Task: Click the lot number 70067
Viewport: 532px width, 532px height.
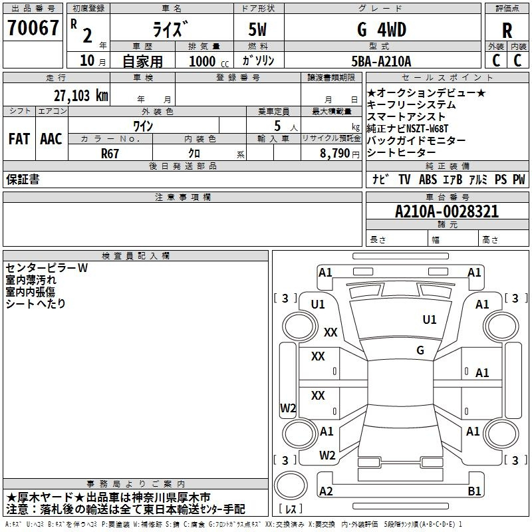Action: point(33,28)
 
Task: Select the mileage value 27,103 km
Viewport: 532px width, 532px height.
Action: point(80,96)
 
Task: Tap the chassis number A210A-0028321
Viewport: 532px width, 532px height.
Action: point(447,211)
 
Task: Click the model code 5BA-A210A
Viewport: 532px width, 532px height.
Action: point(381,61)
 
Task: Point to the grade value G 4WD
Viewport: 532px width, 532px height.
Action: point(381,29)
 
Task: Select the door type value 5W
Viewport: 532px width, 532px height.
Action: point(257,29)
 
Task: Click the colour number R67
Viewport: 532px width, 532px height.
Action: point(110,154)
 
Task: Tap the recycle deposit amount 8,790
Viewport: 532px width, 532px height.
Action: point(334,153)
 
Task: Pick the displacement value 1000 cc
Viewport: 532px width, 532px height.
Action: point(209,61)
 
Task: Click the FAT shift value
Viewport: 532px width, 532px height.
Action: point(19,139)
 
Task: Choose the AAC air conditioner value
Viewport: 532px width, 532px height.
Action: point(51,139)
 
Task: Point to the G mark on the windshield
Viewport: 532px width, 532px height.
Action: point(420,350)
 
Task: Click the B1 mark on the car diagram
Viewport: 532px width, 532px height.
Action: point(474,491)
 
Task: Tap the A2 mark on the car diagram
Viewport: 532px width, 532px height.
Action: point(326,491)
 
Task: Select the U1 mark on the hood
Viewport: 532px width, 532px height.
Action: point(429,319)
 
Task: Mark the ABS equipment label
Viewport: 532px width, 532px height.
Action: point(428,180)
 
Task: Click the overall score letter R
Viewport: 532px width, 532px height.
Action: point(507,31)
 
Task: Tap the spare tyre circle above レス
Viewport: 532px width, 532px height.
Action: point(291,485)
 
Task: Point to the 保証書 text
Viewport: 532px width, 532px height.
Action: point(23,179)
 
